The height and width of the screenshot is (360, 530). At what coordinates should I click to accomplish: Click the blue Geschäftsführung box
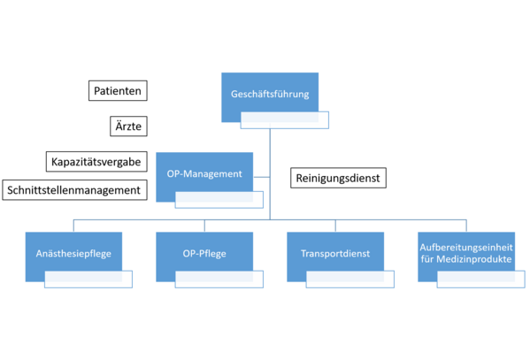270,94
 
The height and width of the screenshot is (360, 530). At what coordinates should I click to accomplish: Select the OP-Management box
204,173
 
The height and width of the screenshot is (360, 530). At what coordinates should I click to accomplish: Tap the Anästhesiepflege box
73,254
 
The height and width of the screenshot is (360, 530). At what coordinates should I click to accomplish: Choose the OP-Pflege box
204,254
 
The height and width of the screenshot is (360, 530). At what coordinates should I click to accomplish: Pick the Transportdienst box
335,254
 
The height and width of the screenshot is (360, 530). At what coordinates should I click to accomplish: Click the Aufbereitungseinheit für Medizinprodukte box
466,254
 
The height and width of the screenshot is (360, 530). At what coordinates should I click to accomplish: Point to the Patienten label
118,90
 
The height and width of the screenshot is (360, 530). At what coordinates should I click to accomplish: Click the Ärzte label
128,126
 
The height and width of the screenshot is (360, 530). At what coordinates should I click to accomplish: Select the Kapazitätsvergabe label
96,162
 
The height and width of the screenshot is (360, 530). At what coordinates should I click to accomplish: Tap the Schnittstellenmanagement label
74,190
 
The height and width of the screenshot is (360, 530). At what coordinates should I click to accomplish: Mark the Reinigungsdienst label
338,178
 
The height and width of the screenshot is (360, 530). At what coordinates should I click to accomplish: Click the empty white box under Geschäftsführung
285,120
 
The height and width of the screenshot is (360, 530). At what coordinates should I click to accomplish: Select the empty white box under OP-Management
219,200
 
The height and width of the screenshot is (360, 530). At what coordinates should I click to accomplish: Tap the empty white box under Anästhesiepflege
88,280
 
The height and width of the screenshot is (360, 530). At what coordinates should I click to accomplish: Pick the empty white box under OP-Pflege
219,280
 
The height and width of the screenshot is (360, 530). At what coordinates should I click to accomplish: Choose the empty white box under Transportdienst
349,280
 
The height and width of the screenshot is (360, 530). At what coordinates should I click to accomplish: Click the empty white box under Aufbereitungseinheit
481,280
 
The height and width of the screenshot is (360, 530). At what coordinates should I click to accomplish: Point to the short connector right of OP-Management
262,177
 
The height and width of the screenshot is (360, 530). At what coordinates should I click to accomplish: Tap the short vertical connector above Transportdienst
335,226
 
